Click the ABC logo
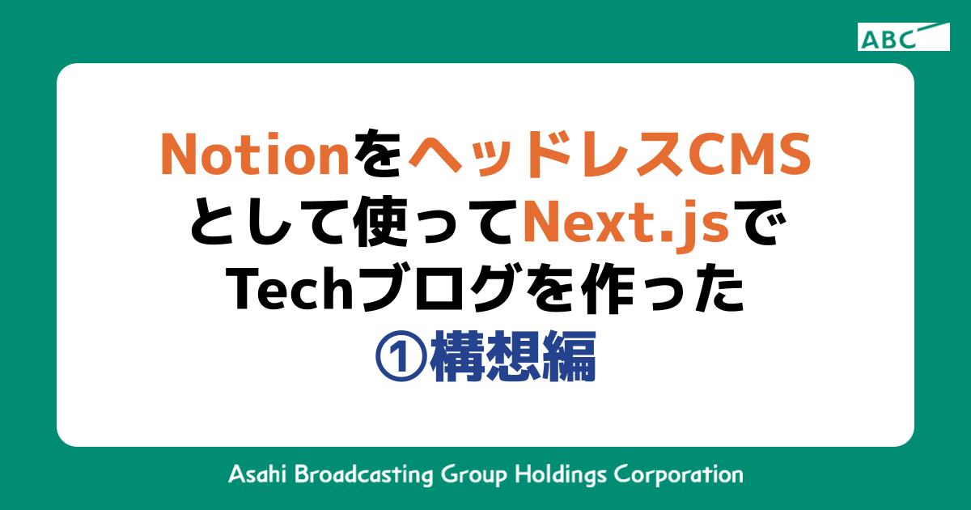903,37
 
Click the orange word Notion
254,154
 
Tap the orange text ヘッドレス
536,154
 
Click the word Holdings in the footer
562,474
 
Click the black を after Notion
376,154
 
